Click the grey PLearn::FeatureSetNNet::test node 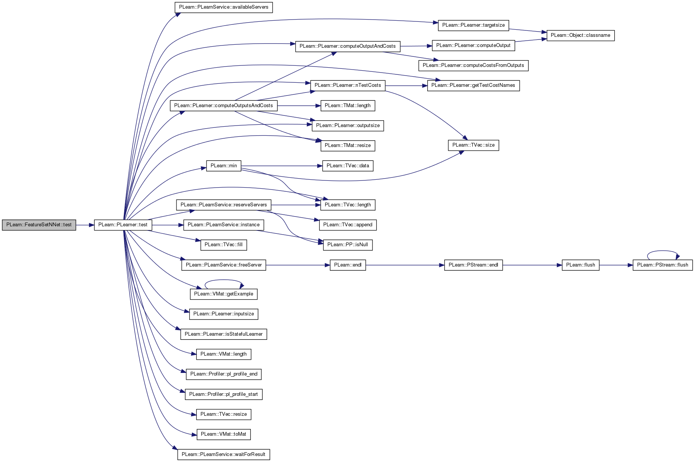tap(39, 225)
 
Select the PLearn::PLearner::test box tap(123, 225)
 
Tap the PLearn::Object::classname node tap(580, 35)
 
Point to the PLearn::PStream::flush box tap(663, 265)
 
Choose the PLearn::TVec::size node tap(473, 145)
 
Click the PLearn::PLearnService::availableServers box tap(224, 7)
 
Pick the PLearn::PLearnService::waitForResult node tap(224, 454)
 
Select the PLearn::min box tap(224, 165)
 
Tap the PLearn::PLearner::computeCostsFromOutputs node tap(473, 65)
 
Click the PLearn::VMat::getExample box tap(224, 294)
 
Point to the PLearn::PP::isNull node tap(348, 245)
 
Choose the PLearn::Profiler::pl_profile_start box tap(224, 394)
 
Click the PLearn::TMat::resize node tap(348, 145)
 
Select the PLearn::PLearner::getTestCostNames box tap(473, 85)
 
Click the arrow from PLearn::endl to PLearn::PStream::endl tap(405, 265)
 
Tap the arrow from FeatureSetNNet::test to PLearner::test tap(85, 225)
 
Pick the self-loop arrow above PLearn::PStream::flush tap(663, 251)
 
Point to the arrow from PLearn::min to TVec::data tap(282, 166)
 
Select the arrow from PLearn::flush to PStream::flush tap(616, 265)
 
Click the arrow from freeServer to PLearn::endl tap(298, 265)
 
